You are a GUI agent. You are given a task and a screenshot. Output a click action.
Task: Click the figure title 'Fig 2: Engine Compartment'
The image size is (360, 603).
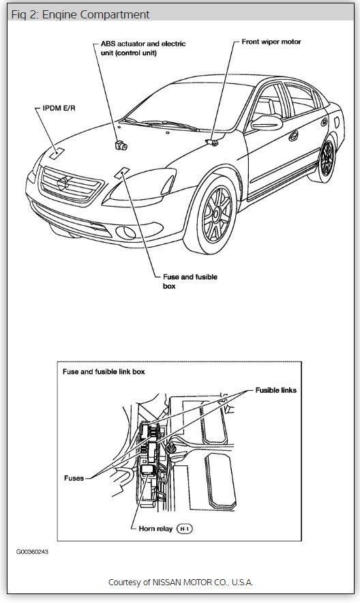80,14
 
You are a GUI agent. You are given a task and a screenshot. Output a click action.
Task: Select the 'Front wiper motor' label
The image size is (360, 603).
271,42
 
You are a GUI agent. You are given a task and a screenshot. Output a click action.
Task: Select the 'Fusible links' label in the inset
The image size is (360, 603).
275,390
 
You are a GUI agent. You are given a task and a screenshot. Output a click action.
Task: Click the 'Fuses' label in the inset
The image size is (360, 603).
74,478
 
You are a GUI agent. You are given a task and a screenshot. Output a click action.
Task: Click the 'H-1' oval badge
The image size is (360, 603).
185,529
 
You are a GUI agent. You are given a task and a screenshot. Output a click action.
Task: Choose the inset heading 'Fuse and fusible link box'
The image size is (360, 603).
104,372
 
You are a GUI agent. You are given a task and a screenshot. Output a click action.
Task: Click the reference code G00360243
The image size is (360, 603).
33,553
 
